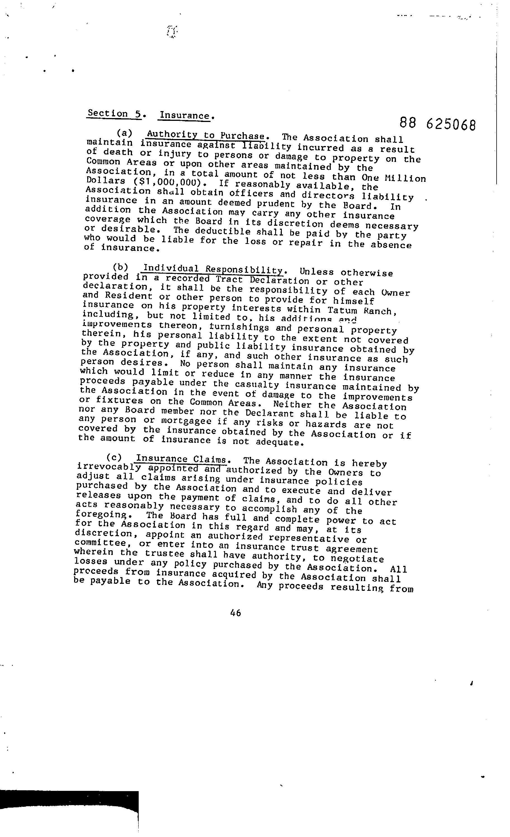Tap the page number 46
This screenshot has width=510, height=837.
pos(235,613)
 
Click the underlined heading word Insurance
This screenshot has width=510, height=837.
pos(185,116)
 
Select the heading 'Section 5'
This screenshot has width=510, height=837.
pos(114,114)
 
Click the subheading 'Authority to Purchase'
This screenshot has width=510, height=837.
pos(206,135)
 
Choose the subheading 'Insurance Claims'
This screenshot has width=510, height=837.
pos(181,459)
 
